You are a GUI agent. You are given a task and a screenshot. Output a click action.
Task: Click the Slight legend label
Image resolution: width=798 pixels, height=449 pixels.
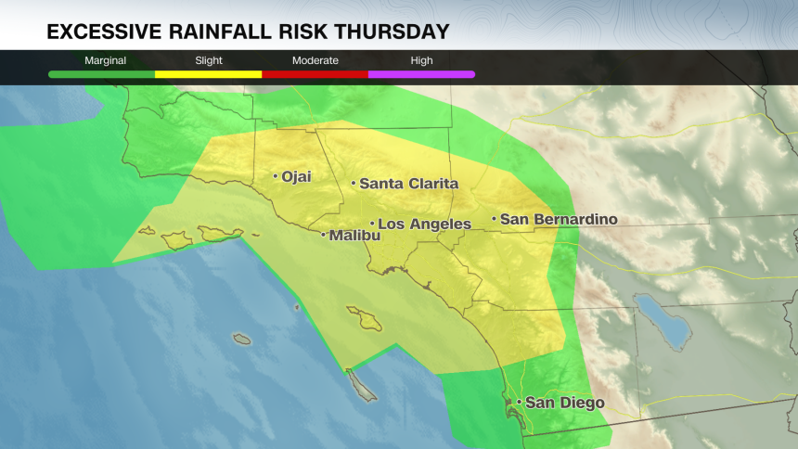point(208,60)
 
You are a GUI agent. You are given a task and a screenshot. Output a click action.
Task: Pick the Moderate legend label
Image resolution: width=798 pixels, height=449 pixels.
point(315,60)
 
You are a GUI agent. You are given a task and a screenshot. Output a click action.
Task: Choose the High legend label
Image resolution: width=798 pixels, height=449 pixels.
point(421,60)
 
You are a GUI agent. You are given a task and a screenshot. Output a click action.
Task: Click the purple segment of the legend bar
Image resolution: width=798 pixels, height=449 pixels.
point(421,74)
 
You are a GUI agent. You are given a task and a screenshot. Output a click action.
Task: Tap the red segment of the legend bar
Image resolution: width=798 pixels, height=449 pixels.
point(315,74)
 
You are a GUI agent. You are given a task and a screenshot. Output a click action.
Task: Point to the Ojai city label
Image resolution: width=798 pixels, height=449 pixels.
point(297,176)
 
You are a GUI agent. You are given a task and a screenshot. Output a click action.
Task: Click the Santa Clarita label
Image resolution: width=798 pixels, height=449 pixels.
point(408,184)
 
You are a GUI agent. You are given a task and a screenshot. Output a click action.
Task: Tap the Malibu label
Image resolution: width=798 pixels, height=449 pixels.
point(354,236)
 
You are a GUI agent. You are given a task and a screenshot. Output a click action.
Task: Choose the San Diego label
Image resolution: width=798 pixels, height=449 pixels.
point(564,403)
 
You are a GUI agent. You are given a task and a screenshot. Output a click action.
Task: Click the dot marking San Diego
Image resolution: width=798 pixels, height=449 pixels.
point(520,403)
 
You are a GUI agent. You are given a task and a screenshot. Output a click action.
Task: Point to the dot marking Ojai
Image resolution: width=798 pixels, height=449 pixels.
point(276,175)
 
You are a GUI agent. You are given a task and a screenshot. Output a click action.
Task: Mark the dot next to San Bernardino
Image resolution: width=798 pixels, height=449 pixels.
point(494,220)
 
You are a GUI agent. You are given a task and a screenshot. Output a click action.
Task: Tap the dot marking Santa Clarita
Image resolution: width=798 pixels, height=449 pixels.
point(354,184)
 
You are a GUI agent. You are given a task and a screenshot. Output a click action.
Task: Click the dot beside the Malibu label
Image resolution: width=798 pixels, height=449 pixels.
point(323,236)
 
